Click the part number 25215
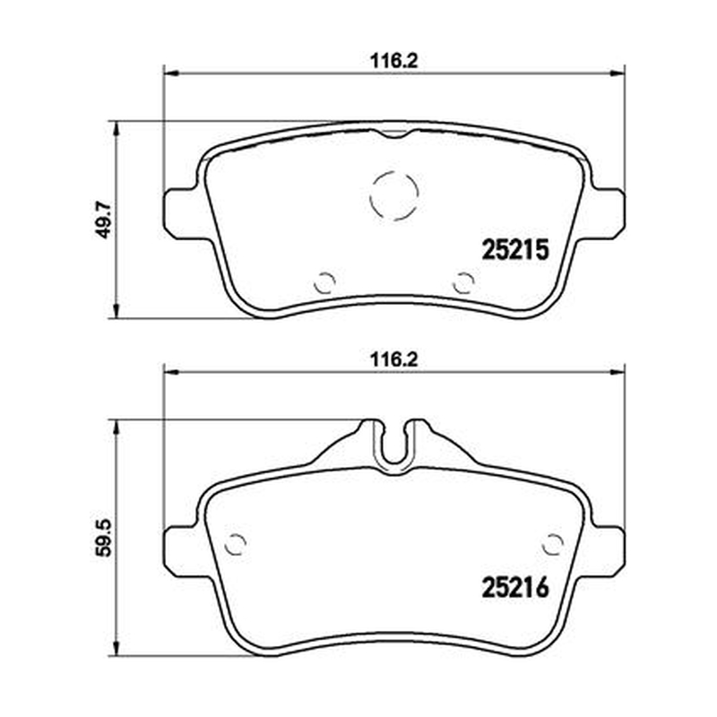tap(514, 250)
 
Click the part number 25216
tap(514, 588)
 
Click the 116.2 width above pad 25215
tap(394, 61)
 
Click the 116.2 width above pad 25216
tap(394, 360)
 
